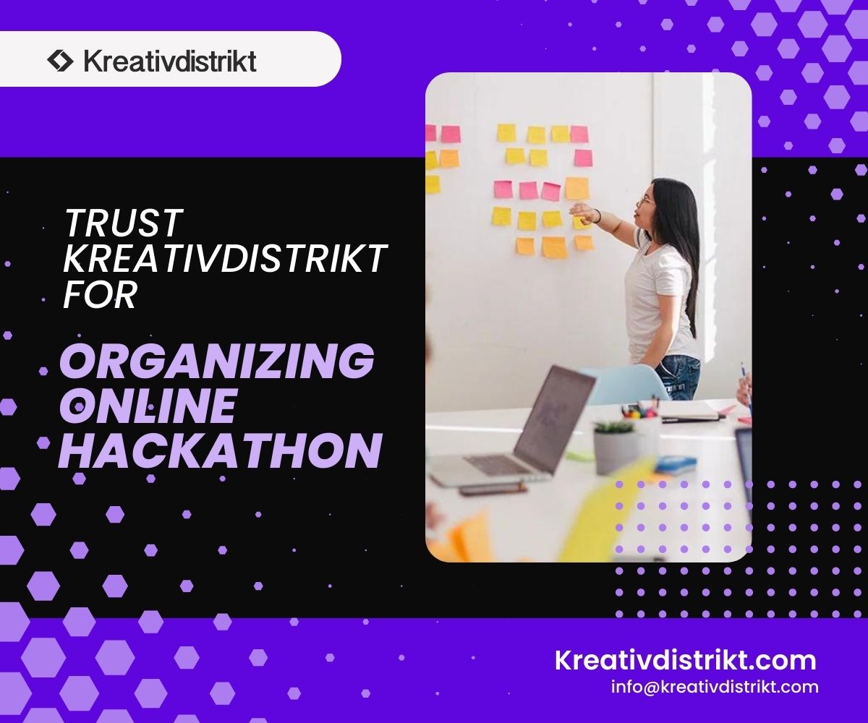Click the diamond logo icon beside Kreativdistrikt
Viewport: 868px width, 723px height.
pos(60,61)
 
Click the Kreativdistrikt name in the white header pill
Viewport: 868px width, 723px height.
pos(170,61)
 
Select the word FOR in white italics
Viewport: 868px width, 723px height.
pos(101,294)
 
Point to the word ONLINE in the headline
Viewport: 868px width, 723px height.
pos(148,406)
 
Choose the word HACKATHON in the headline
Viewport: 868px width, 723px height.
pos(220,451)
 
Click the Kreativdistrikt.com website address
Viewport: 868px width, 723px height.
pos(686,660)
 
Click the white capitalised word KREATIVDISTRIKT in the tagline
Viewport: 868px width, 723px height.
pos(225,258)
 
